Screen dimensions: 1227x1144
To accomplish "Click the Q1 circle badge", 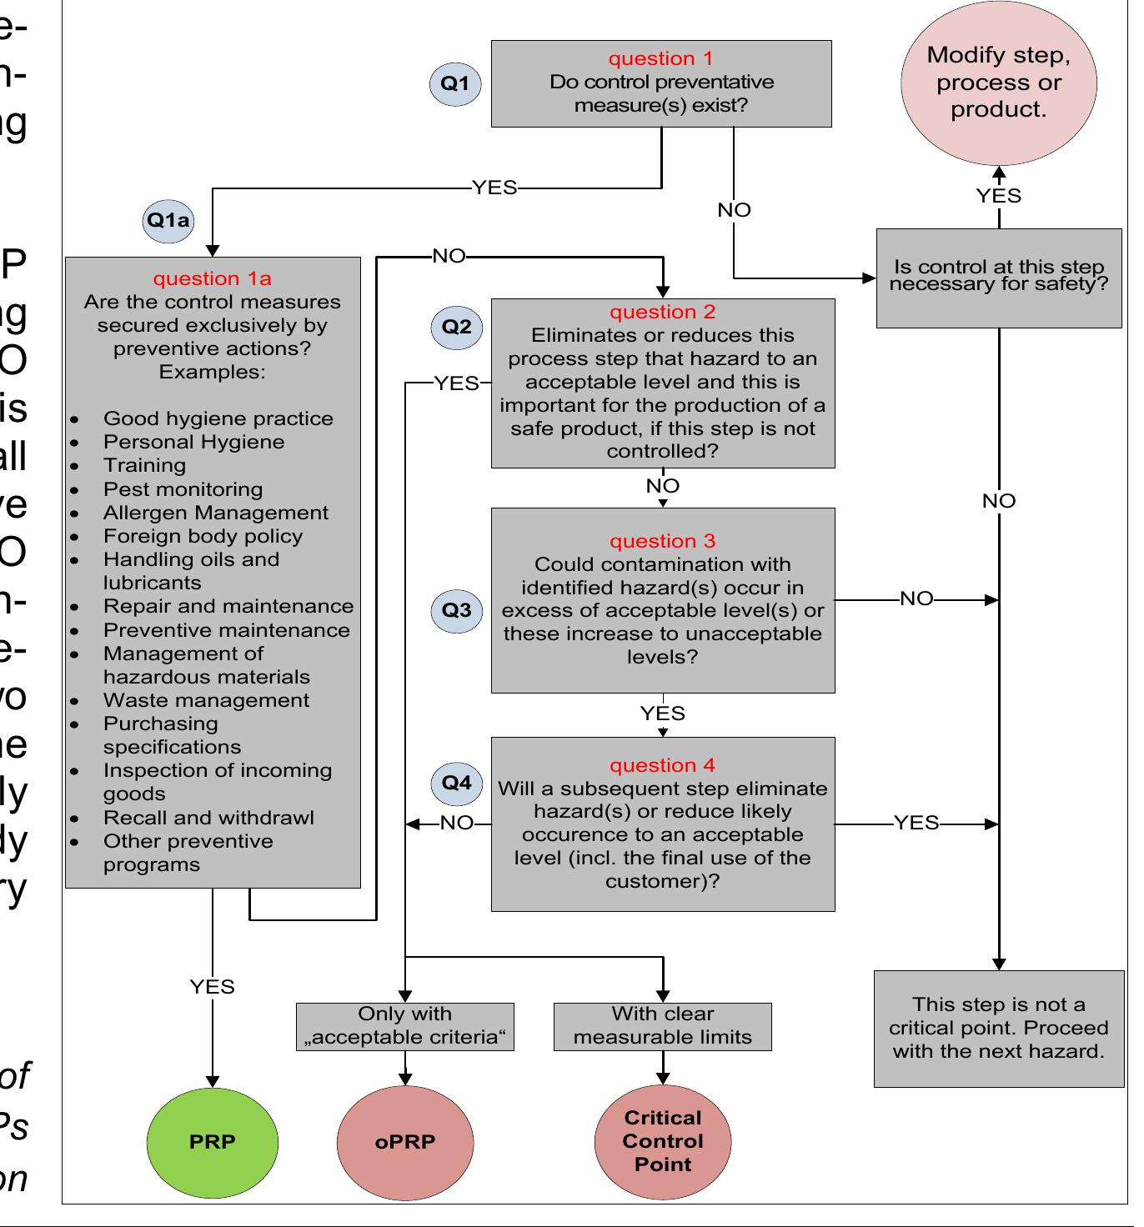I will [x=455, y=83].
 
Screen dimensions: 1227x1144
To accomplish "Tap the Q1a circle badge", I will [x=168, y=221].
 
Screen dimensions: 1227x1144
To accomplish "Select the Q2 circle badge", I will [x=456, y=327].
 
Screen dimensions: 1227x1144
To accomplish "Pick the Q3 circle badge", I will [x=456, y=610].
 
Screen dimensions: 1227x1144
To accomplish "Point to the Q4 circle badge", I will [x=456, y=783].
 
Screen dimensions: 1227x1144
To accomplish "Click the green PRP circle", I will [x=212, y=1141].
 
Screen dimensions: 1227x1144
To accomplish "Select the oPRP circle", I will [x=405, y=1141].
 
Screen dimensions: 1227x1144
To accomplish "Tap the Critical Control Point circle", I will [x=663, y=1141].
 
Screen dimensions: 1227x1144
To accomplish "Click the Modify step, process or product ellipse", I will [x=998, y=83].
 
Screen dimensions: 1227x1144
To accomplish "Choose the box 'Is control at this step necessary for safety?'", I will [x=998, y=277].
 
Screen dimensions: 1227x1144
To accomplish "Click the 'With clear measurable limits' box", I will [x=663, y=1026].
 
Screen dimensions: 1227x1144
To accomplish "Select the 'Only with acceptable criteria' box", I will [x=405, y=1026].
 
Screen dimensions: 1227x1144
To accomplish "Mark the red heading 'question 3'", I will [x=663, y=541].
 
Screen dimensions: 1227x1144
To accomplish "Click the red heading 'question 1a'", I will [x=212, y=278].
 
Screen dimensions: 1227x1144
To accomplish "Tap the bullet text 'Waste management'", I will [x=206, y=700].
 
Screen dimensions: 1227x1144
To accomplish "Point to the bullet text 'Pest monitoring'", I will [x=183, y=489].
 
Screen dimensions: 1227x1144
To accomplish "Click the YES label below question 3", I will [x=663, y=714].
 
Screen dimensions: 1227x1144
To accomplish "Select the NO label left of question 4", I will [x=456, y=824].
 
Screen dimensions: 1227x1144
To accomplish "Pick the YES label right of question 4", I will [x=916, y=824].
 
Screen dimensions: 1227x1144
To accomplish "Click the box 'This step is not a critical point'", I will [x=998, y=1028].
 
